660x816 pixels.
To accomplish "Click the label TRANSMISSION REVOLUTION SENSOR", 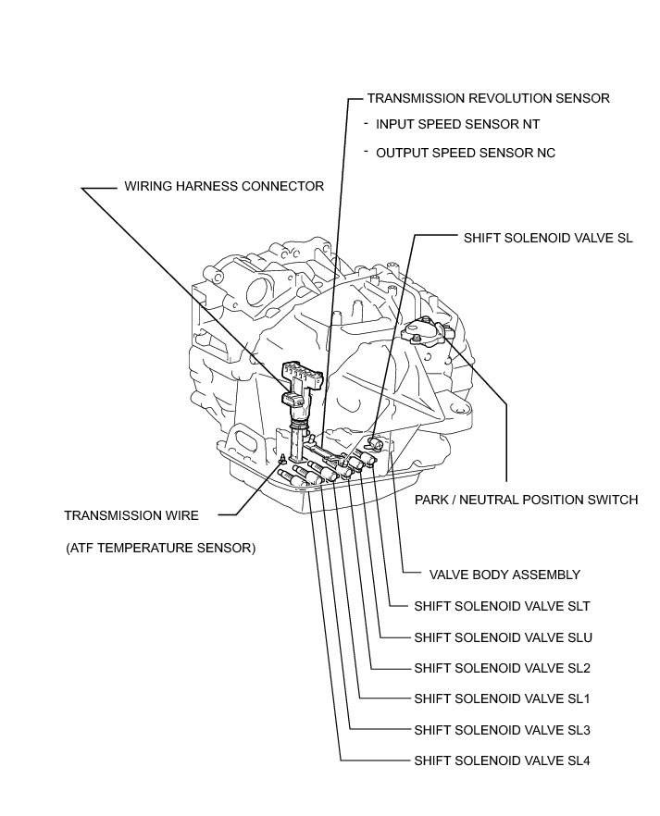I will pos(488,98).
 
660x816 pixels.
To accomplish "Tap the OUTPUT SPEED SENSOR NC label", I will pos(465,153).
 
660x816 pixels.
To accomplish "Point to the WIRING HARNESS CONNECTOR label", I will pos(224,186).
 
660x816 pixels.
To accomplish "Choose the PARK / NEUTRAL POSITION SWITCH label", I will pos(526,500).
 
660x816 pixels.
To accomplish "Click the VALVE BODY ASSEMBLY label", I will pos(504,575).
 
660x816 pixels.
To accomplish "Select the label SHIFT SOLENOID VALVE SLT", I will pos(502,607).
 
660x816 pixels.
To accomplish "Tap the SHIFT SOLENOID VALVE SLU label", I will pos(503,637).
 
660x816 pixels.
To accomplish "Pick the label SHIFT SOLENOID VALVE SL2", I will pos(502,668).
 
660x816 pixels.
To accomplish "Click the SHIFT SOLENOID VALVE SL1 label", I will pos(502,699).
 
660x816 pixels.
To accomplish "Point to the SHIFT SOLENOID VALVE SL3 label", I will pos(502,730).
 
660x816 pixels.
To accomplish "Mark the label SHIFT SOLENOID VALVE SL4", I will pos(502,761).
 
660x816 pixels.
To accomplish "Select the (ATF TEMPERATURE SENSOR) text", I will pos(160,548).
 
